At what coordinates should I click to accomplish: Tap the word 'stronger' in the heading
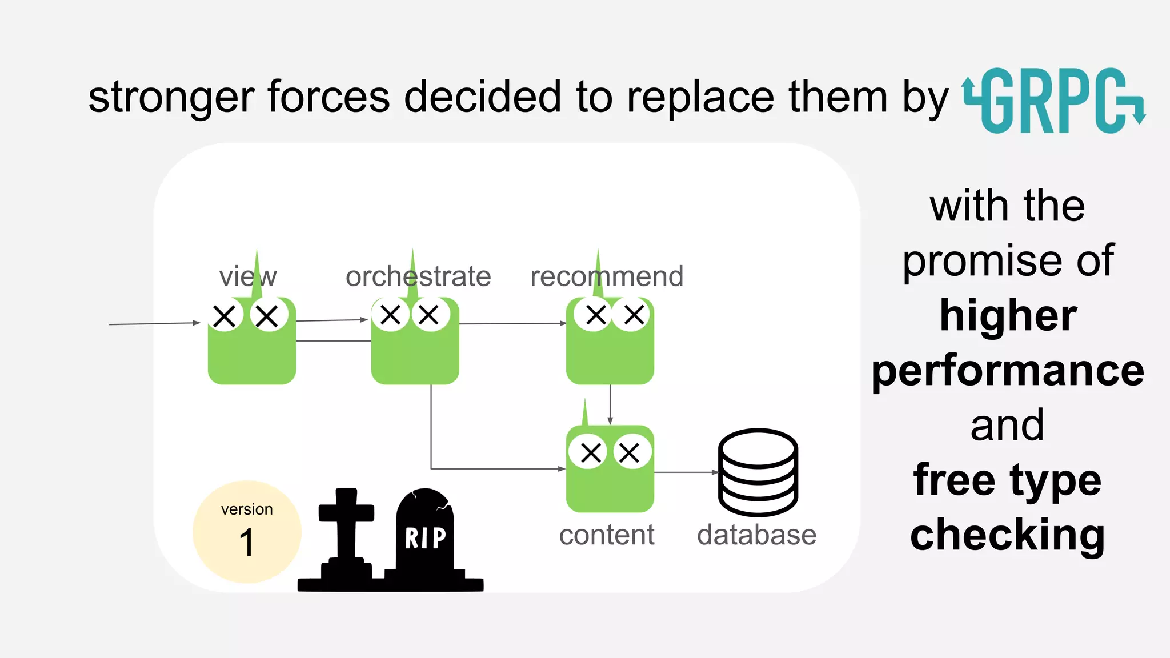pyautogui.click(x=170, y=97)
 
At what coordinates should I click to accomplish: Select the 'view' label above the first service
pyautogui.click(x=247, y=276)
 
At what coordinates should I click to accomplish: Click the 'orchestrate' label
pyautogui.click(x=418, y=276)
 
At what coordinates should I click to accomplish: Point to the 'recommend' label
pyautogui.click(x=606, y=276)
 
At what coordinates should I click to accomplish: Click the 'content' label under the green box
pyautogui.click(x=606, y=535)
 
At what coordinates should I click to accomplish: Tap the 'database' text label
pyautogui.click(x=756, y=535)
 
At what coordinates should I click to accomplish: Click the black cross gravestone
pyautogui.click(x=346, y=531)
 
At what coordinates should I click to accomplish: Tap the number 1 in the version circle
pyautogui.click(x=247, y=543)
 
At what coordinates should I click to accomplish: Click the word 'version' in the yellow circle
pyautogui.click(x=247, y=509)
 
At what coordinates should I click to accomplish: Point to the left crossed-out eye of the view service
pyautogui.click(x=225, y=316)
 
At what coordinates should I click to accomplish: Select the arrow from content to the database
pyautogui.click(x=686, y=472)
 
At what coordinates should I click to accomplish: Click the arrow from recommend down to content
pyautogui.click(x=610, y=404)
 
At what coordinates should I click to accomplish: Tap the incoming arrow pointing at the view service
pyautogui.click(x=154, y=324)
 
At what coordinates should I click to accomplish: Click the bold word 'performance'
pyautogui.click(x=1008, y=371)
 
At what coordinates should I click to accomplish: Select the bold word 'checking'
pyautogui.click(x=1008, y=535)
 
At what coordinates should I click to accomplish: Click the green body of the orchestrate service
pyautogui.click(x=415, y=357)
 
